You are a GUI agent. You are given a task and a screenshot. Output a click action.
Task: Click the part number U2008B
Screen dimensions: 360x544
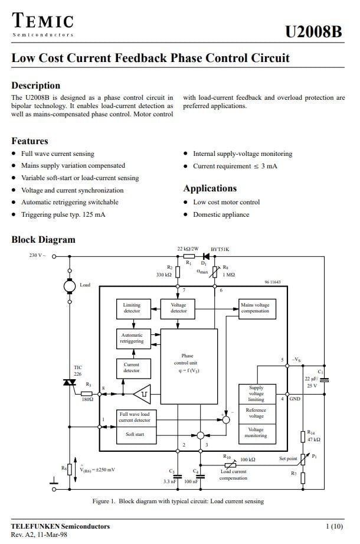[x=313, y=31]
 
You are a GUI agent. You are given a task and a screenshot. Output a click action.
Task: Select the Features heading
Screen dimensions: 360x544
[x=30, y=141]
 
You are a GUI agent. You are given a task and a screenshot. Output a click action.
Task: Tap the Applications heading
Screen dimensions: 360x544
[x=210, y=188]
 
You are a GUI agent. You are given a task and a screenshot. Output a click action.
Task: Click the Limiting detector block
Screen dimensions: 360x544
[x=133, y=309]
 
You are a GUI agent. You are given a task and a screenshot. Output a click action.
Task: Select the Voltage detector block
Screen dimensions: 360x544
[x=178, y=309]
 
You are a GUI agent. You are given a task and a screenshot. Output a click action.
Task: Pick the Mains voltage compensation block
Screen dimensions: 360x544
[x=257, y=309]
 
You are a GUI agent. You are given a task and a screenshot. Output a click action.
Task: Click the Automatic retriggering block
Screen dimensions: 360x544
[x=133, y=338]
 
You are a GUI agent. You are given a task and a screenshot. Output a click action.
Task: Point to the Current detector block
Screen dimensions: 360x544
[x=133, y=369]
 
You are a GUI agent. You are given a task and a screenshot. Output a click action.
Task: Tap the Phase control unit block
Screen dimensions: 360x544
[x=189, y=366]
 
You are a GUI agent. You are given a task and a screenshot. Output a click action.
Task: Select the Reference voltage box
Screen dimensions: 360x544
[x=257, y=414]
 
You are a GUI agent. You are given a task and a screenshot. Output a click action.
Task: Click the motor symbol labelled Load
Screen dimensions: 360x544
[x=70, y=286]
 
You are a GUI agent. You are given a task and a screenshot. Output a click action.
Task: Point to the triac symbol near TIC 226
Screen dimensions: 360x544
[x=70, y=382]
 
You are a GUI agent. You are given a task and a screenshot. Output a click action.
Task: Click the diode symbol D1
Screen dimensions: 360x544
[x=206, y=257]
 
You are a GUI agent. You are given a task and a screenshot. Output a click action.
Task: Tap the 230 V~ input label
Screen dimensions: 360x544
[x=37, y=255]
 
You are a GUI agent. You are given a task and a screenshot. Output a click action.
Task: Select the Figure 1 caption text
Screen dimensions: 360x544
[x=178, y=501]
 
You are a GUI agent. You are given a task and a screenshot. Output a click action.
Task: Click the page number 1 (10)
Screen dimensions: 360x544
[x=334, y=526]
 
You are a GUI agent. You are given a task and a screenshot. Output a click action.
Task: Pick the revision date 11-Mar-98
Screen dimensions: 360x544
[x=52, y=535]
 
